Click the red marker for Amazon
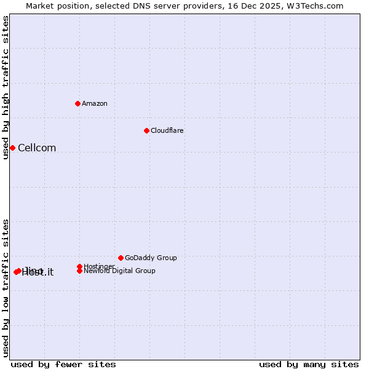78,103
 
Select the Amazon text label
95,103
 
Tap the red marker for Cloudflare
146,130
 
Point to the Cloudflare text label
167,130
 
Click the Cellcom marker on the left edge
12,148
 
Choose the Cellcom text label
37,148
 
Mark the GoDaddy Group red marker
121,258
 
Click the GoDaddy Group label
151,258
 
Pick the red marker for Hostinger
80,266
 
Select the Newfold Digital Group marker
80,271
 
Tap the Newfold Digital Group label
120,271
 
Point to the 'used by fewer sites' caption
63,364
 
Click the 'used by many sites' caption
309,364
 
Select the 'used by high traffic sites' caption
6,87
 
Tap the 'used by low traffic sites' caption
6,287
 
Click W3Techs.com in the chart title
317,6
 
